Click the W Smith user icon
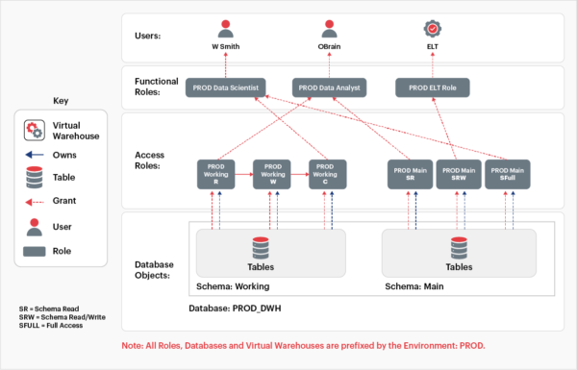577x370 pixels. pyautogui.click(x=227, y=28)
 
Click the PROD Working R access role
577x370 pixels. pyautogui.click(x=215, y=174)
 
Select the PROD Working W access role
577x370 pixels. pyautogui.click(x=271, y=174)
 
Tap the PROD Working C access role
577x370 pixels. pyautogui.click(x=327, y=174)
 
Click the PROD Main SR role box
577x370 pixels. pyautogui.click(x=408, y=174)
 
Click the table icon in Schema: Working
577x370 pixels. pyautogui.click(x=260, y=248)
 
